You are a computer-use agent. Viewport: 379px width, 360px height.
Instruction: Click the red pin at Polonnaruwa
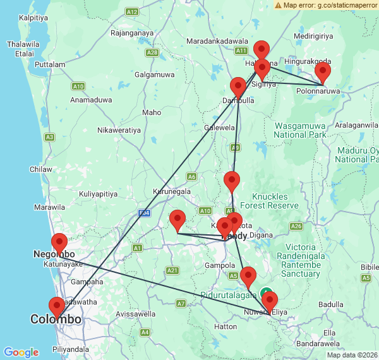[323, 71]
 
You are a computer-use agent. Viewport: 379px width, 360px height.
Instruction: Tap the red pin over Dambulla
[238, 87]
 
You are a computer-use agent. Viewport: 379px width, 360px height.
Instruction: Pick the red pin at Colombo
[57, 307]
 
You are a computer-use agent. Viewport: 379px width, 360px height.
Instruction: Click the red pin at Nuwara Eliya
[270, 301]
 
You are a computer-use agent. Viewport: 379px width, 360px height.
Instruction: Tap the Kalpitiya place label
[35, 18]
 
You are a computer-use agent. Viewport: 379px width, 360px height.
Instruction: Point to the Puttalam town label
[51, 64]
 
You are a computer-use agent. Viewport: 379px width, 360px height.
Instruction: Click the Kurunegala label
[172, 191]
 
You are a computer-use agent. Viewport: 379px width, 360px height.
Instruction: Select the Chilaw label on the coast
[41, 169]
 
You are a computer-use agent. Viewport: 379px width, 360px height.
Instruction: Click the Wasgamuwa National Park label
[300, 130]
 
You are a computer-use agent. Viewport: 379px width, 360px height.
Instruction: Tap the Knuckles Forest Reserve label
[275, 201]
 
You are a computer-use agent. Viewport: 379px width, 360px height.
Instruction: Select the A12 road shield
[132, 12]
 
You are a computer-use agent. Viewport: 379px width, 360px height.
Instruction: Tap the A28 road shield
[152, 53]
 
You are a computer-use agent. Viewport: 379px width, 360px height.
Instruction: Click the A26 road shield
[296, 226]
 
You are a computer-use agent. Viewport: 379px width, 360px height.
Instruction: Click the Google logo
[21, 352]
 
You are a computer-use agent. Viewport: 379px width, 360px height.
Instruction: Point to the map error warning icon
[279, 5]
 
